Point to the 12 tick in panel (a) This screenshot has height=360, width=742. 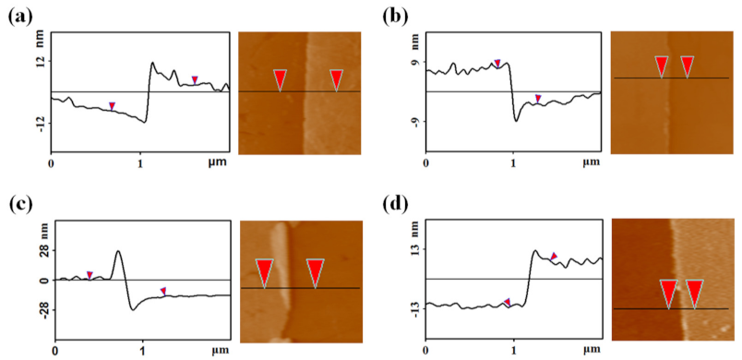(39, 62)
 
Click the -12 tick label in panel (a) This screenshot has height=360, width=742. (39, 122)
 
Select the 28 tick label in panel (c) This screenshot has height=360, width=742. (42, 250)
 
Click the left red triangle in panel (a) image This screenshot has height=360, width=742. (280, 79)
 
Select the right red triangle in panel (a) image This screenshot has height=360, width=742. (337, 79)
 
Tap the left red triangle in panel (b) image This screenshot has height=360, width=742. (661, 66)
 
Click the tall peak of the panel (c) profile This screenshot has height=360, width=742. (118, 251)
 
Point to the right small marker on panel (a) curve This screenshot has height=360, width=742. (194, 79)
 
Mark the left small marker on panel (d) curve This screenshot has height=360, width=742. (507, 302)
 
